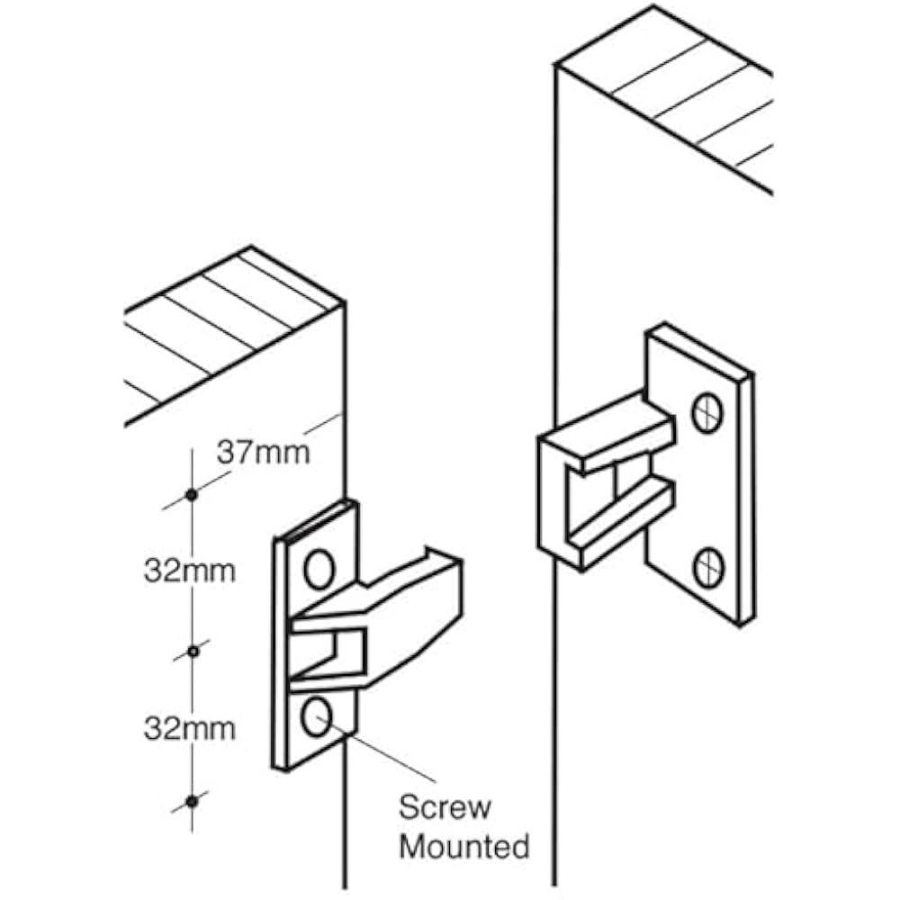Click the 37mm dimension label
263,452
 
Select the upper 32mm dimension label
189,571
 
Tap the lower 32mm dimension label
189,727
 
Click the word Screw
445,806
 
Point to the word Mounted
464,846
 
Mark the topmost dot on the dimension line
191,494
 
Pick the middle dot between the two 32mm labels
191,649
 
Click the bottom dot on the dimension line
191,799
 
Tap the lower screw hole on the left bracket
315,718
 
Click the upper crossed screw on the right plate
707,413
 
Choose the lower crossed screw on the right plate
707,567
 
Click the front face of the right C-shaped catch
551,495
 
